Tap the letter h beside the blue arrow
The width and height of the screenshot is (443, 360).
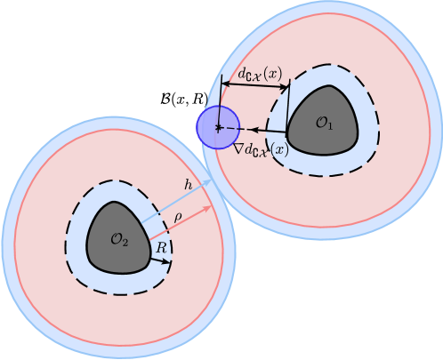188,184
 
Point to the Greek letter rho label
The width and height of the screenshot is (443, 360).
178,216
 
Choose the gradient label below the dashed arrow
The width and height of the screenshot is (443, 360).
261,149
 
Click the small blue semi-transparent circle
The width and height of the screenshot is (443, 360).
218,127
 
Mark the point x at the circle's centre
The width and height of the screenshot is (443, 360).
218,128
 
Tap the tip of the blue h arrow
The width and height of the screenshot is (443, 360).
211,180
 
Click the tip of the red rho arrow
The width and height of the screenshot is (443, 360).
212,207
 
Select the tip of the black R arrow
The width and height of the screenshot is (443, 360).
168,262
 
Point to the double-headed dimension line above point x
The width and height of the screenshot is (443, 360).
254,86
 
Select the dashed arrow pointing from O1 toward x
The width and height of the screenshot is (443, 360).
258,130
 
